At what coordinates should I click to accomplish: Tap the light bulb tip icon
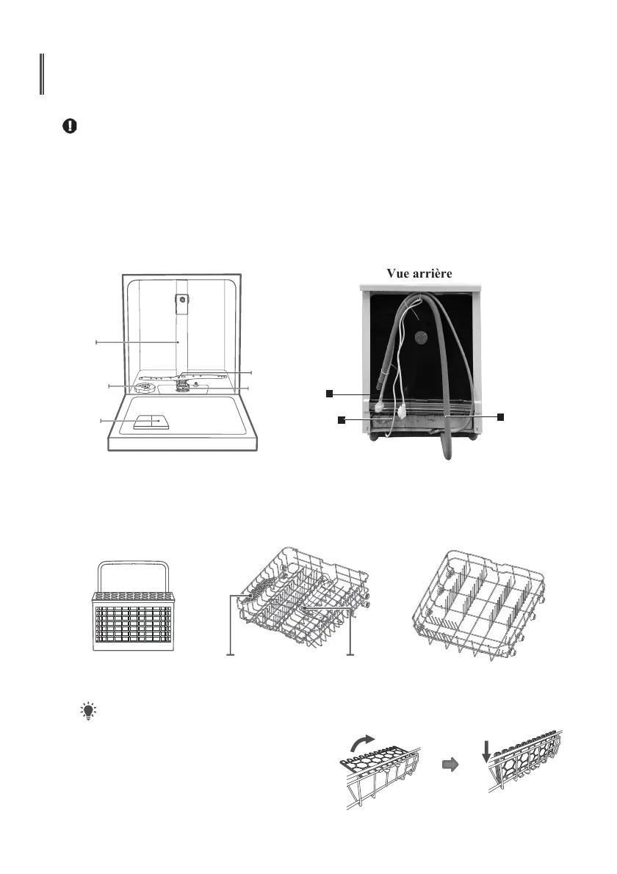(x=89, y=710)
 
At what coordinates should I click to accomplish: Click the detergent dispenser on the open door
(x=150, y=422)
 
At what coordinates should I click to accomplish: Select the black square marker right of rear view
(x=501, y=416)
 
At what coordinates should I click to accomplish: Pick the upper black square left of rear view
(x=330, y=394)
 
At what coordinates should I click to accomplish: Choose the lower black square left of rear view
(x=341, y=420)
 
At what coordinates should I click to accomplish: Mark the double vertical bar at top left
(x=42, y=74)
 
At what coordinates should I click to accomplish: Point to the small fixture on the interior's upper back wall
(x=181, y=299)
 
